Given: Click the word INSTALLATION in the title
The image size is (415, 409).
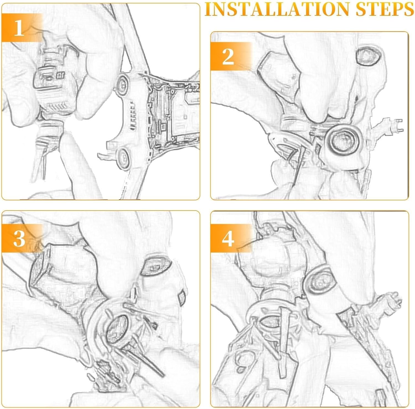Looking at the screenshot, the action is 278,9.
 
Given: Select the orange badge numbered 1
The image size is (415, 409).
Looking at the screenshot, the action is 22,27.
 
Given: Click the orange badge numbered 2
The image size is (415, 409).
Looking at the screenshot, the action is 231,56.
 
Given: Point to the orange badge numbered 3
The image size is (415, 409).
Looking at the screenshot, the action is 22,238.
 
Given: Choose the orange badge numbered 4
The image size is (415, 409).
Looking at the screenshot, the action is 231,238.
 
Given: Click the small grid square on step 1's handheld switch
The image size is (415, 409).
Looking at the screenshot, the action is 60,75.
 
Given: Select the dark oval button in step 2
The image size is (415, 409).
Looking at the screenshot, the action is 368,57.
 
